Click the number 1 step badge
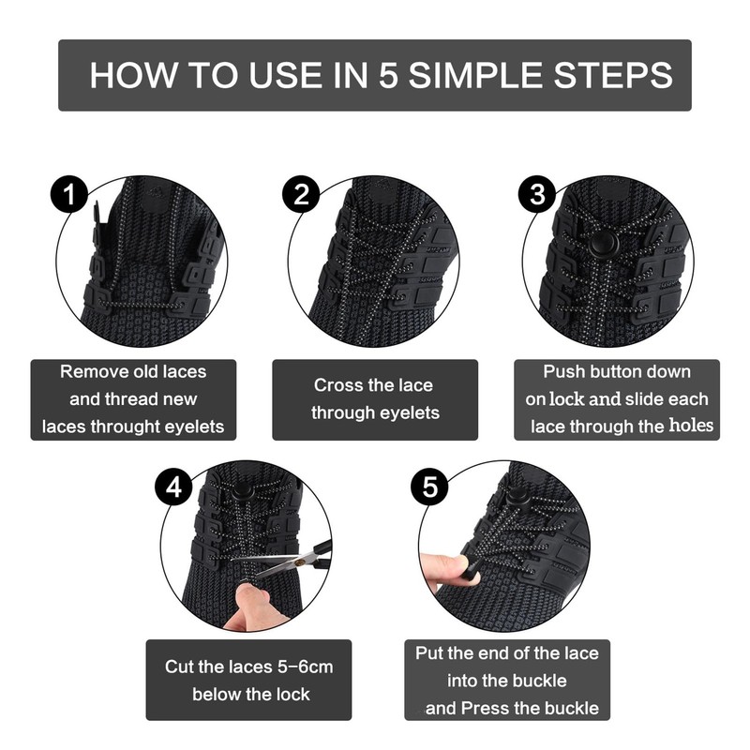tap(69, 195)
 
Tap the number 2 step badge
tap(301, 195)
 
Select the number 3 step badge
tap(537, 195)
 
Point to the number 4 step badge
tap(173, 487)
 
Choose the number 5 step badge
tap(429, 487)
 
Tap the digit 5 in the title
tap(388, 75)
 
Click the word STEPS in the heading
tap(613, 75)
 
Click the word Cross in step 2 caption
tap(335, 385)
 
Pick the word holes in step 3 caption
tap(691, 426)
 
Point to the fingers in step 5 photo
tap(444, 572)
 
